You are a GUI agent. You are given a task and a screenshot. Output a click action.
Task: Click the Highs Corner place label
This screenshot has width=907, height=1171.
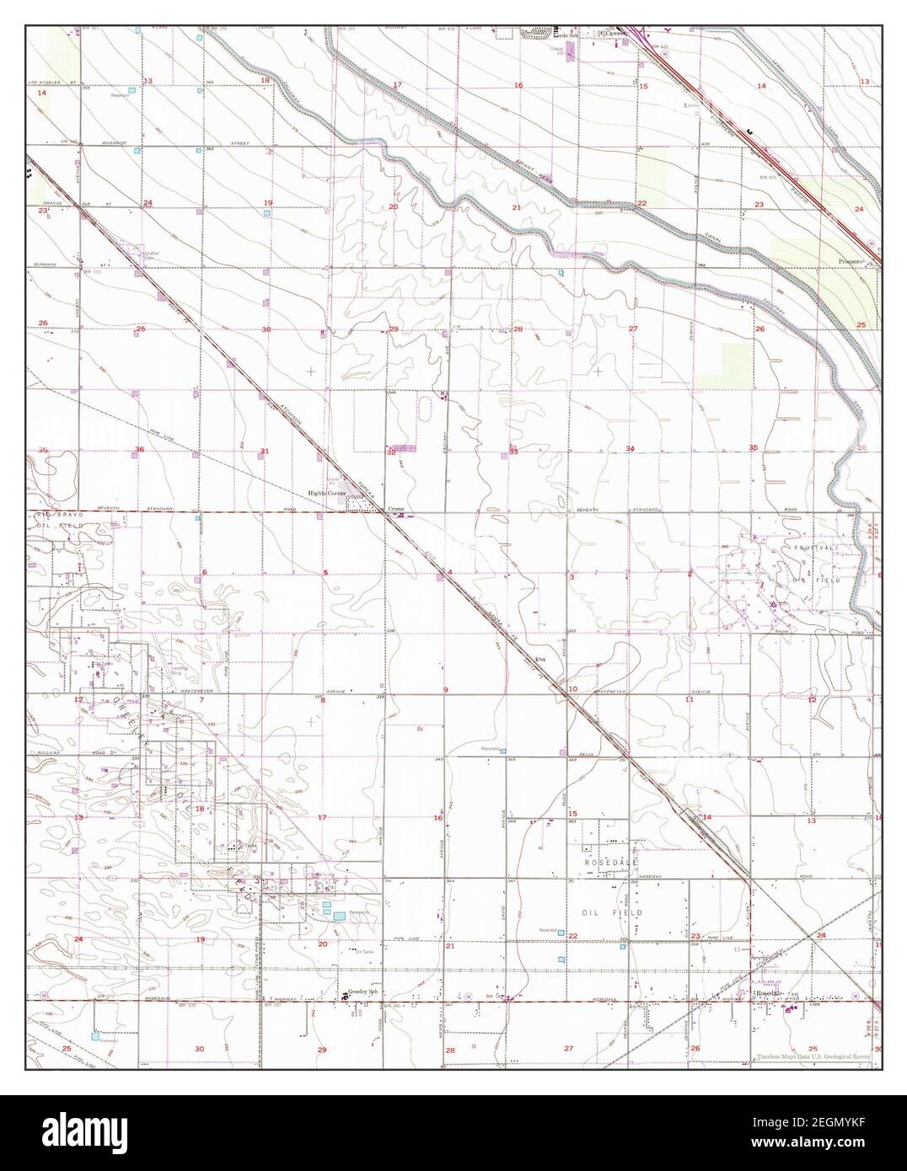(x=328, y=494)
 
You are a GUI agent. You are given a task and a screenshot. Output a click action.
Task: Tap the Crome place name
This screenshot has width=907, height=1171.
(x=396, y=510)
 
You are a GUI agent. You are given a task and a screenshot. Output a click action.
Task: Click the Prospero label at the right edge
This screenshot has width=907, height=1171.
(x=852, y=262)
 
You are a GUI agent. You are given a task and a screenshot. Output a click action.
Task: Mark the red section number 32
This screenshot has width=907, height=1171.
(x=391, y=452)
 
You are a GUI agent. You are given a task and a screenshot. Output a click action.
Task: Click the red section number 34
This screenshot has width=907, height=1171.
(x=630, y=448)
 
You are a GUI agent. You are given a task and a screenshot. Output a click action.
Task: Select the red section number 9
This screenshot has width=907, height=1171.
(x=446, y=690)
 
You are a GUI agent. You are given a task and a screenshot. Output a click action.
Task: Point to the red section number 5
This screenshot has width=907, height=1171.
(x=325, y=573)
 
